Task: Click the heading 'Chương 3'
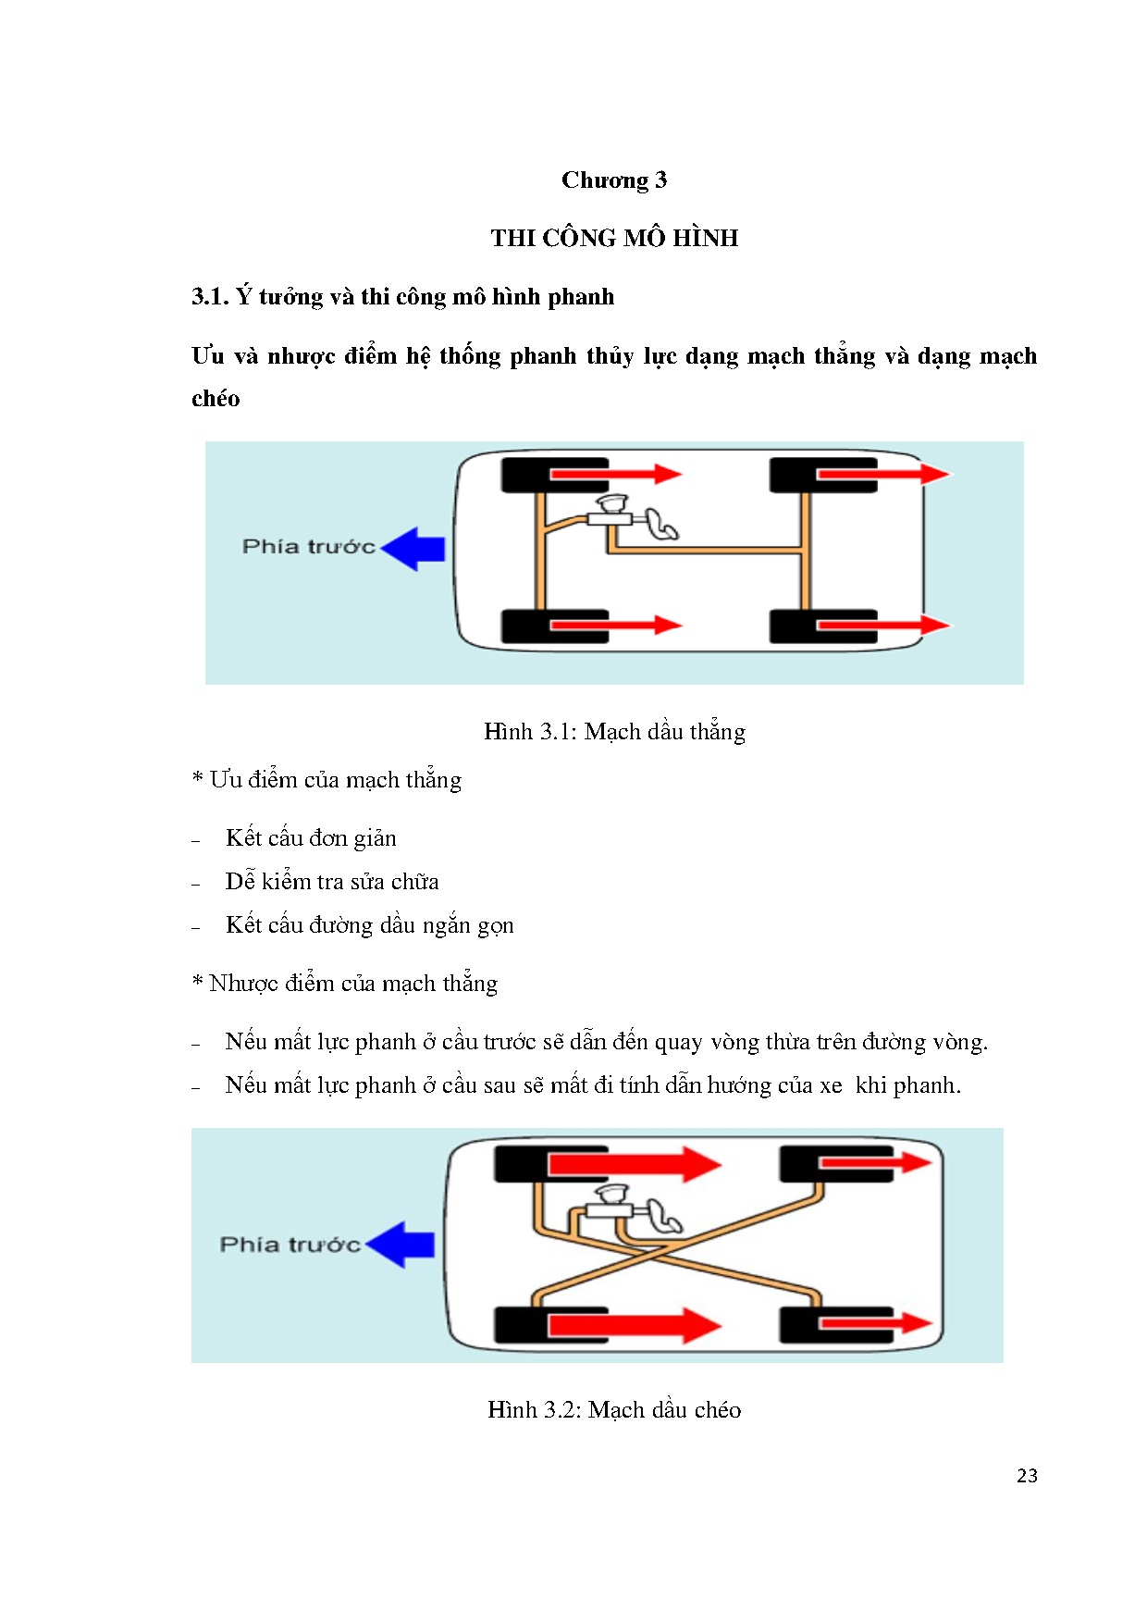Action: (613, 180)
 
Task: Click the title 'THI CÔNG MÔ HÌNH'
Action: (614, 238)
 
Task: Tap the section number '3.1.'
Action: (210, 297)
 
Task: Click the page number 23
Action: (1027, 1476)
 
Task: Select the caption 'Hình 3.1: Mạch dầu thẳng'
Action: (614, 732)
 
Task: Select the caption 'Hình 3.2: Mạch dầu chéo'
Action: (614, 1410)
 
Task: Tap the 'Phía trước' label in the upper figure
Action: (308, 547)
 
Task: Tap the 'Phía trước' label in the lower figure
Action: (290, 1245)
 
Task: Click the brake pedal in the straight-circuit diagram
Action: (662, 525)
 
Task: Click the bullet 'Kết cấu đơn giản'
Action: (311, 838)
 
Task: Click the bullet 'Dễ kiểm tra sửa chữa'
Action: (332, 882)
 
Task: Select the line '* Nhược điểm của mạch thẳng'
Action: (344, 984)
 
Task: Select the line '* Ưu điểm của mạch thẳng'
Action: (327, 780)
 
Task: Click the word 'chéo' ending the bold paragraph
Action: (216, 399)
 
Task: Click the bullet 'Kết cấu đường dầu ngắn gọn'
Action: (369, 925)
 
